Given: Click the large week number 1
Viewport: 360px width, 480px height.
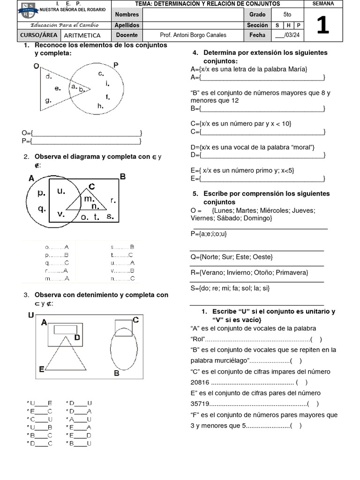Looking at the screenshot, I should (322, 25).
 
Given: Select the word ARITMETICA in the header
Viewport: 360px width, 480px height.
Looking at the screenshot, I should (82, 35).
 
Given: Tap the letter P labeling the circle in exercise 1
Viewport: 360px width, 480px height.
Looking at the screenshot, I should (116, 65).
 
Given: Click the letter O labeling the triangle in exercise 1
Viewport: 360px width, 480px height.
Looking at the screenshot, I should (36, 66).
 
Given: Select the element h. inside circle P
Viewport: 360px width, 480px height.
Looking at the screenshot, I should (100, 106).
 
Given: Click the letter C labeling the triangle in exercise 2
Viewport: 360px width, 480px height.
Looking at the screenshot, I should (92, 187).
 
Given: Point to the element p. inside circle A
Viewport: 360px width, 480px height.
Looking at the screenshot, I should (41, 192).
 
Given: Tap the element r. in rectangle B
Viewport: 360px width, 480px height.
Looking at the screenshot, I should (113, 200).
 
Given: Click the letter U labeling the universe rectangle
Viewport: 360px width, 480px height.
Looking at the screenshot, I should (31, 315).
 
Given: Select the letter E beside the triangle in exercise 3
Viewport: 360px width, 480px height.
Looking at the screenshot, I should (42, 369).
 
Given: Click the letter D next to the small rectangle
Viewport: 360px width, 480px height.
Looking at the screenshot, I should (77, 337).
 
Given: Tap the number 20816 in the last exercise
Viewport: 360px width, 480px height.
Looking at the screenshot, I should (200, 382).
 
